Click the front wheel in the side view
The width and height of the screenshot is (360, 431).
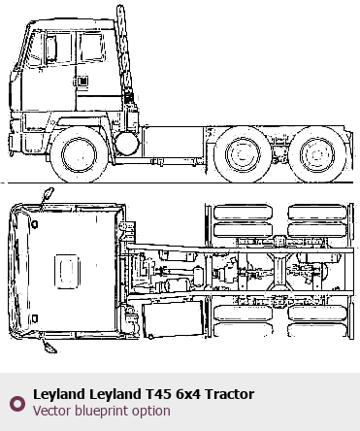(79, 154)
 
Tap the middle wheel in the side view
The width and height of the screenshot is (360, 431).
(243, 154)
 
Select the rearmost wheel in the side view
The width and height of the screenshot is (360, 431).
(316, 154)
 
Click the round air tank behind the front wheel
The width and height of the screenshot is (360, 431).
(127, 143)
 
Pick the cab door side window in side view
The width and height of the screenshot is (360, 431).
(92, 47)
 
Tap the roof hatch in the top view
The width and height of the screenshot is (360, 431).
(67, 271)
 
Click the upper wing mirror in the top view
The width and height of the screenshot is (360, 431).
(49, 193)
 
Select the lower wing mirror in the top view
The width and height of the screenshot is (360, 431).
(49, 347)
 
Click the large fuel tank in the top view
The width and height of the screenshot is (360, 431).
(173, 319)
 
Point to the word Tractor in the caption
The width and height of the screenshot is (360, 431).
(229, 394)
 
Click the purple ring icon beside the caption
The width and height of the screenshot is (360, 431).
(17, 404)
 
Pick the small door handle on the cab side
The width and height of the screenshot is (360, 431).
(82, 81)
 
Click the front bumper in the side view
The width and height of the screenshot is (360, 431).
(12, 143)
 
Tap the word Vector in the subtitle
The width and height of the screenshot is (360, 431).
(52, 411)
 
